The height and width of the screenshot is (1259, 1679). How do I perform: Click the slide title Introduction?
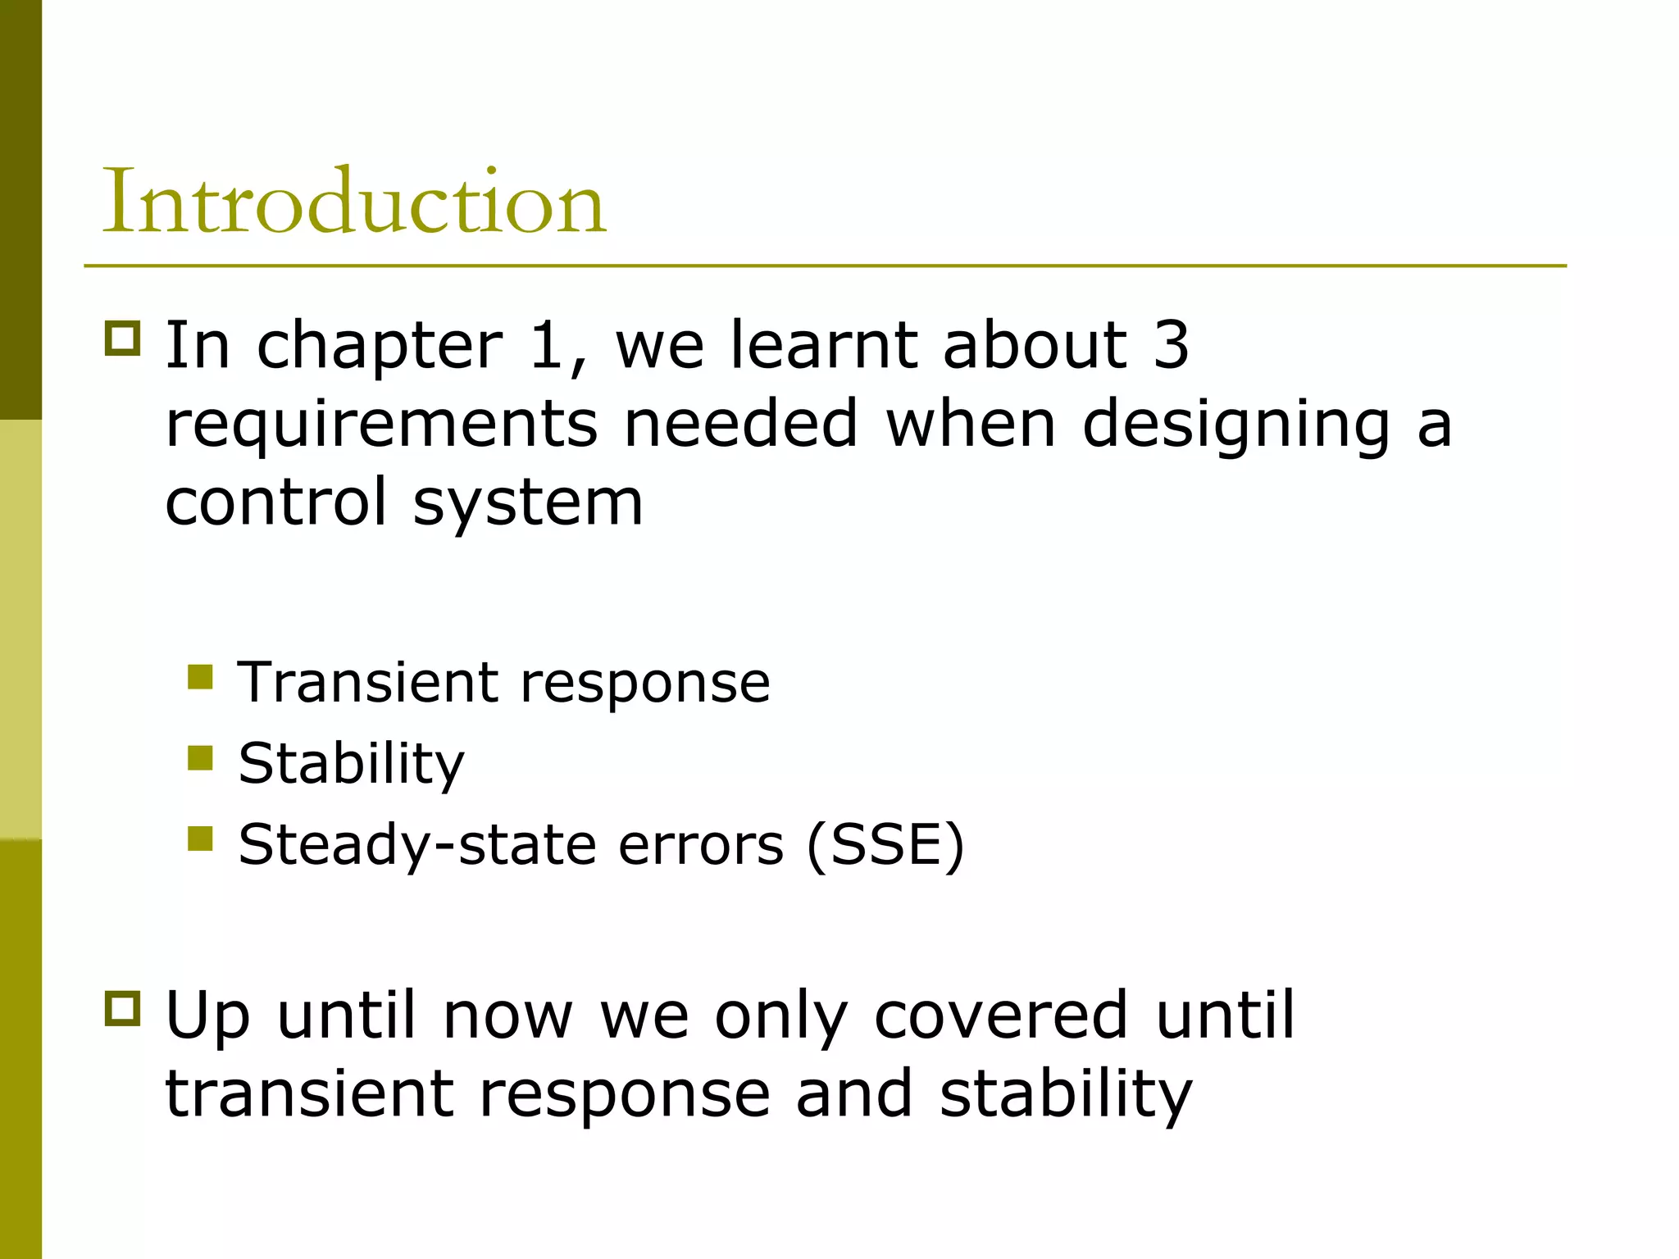point(353,202)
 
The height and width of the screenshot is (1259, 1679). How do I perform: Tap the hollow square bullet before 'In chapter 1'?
point(123,337)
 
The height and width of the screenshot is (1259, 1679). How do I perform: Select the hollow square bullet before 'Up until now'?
point(123,1007)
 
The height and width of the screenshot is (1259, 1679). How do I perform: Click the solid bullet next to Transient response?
point(200,677)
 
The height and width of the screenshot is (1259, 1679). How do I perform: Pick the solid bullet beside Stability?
point(200,758)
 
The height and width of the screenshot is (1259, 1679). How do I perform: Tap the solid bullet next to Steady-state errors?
point(200,839)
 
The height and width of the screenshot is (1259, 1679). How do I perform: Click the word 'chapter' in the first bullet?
point(380,346)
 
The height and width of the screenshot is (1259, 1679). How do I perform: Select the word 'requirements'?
point(381,425)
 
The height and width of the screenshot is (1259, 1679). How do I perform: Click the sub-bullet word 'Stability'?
point(351,764)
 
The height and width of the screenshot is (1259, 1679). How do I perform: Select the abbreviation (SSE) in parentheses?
point(885,844)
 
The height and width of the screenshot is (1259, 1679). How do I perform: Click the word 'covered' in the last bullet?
point(1001,1016)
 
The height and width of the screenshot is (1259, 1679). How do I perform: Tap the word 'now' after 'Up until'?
point(507,1016)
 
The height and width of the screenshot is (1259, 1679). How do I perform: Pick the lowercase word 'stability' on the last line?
point(1066,1094)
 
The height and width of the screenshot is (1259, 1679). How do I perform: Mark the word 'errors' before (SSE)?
point(701,844)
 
